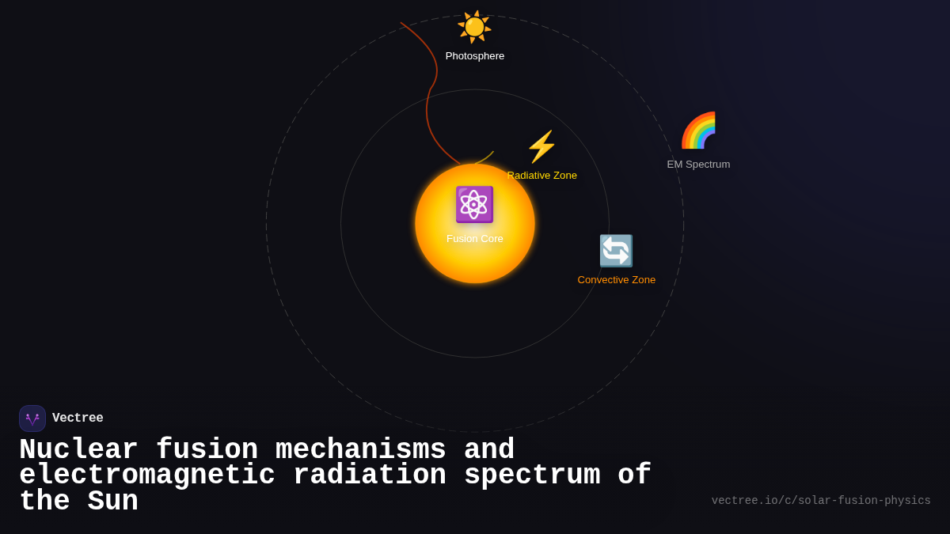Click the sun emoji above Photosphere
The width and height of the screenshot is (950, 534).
pos(474,26)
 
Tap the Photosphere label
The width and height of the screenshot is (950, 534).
pos(475,56)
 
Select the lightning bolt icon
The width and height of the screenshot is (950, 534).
pos(541,147)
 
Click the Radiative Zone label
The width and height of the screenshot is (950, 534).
pos(543,176)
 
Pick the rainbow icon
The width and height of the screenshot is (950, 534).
pos(698,131)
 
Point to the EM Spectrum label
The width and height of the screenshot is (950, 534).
pos(698,165)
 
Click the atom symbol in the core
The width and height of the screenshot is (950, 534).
pos(474,204)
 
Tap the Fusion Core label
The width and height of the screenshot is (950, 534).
pos(475,239)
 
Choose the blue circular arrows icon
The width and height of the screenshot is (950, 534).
pos(616,251)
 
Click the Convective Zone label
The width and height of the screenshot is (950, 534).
pos(617,280)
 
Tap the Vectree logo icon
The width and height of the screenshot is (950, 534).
pos(32,418)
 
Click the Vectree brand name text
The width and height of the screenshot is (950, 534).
pos(78,418)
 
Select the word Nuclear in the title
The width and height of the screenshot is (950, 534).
pos(78,450)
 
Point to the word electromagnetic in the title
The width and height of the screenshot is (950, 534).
pos(147,475)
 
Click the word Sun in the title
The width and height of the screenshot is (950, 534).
pos(112,502)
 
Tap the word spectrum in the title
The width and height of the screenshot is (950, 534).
pos(532,475)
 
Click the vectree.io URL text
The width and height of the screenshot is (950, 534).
pos(821,501)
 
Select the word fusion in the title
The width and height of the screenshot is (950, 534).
pos(207,450)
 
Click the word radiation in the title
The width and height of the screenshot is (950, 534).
pos(370,475)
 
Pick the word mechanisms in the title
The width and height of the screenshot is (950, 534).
pos(361,450)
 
